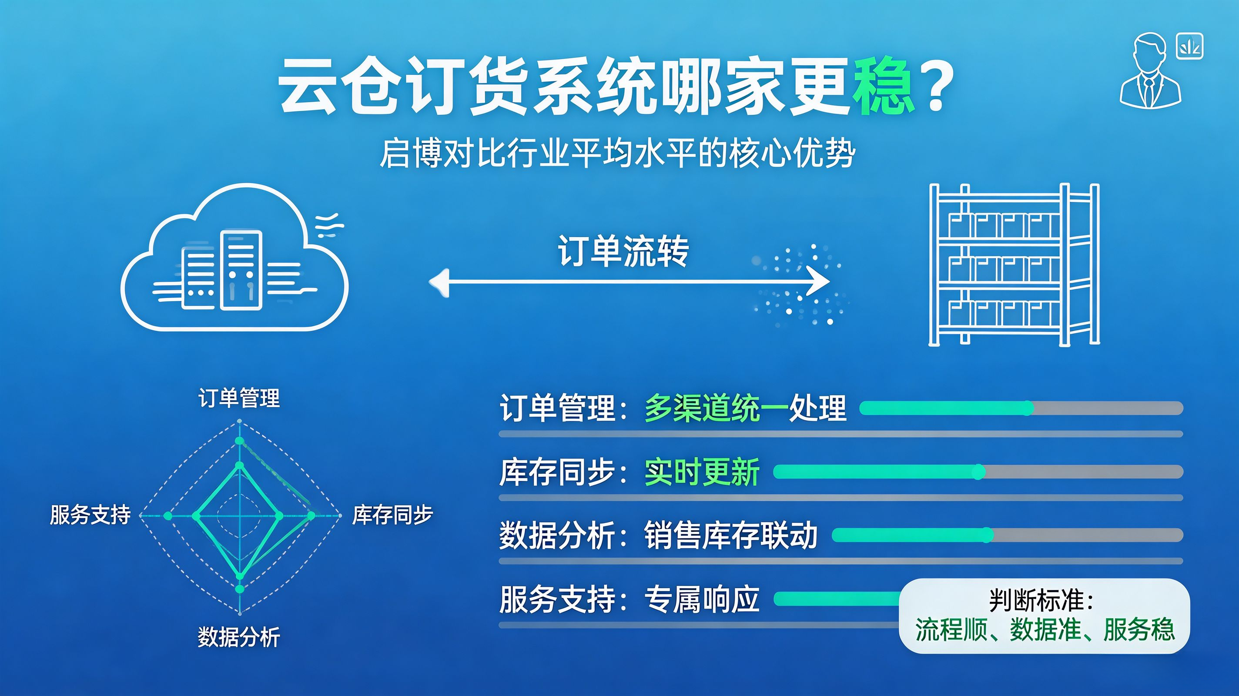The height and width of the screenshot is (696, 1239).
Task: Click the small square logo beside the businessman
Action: coord(1189,46)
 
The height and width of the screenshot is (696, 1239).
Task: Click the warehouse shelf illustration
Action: coord(1014,264)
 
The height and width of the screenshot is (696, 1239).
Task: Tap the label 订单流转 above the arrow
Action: coord(623,251)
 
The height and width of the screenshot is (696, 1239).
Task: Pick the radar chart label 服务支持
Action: coord(90,515)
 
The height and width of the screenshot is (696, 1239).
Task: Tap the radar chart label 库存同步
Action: coord(392,515)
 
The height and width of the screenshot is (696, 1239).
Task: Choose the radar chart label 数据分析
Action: coord(239,637)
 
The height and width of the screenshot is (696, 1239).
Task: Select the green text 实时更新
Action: coord(702,472)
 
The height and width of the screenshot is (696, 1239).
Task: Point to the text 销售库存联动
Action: coord(730,535)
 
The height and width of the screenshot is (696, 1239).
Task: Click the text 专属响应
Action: coord(702,599)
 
